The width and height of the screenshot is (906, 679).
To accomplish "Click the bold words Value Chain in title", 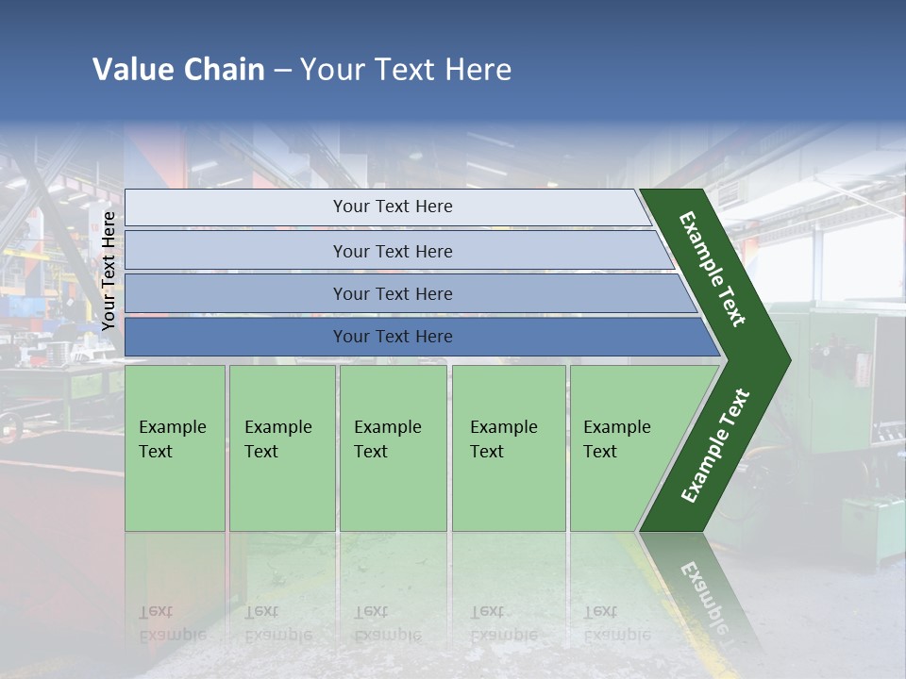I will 178,69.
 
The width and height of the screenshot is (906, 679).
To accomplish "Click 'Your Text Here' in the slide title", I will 406,69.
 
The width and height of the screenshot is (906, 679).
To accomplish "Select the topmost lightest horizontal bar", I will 392,207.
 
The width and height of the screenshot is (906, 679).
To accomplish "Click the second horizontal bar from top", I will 392,251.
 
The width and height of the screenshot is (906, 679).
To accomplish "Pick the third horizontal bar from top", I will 392,293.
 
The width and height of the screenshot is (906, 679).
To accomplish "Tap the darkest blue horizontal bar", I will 392,337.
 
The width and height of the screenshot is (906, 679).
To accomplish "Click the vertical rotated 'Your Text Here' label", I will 109,271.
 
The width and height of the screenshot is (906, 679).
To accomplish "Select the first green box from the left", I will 175,448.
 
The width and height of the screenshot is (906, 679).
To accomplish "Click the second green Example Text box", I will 281,448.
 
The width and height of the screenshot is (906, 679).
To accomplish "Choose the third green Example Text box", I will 393,448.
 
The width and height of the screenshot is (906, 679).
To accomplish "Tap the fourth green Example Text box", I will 508,448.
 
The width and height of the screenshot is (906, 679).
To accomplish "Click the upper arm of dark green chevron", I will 713,269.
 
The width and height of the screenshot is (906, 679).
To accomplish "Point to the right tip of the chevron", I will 787,359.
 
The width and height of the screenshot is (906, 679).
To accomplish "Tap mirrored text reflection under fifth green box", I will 616,623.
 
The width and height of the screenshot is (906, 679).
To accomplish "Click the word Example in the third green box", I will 387,426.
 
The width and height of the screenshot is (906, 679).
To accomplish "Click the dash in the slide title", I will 282,69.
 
